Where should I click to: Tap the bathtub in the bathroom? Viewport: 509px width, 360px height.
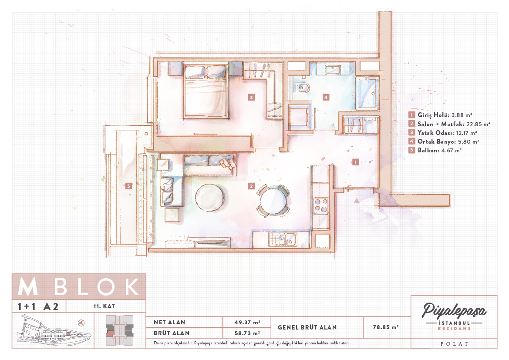[367, 93]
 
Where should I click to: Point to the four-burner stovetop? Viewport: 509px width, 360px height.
[321, 205]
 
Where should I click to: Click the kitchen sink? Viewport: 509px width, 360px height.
[282, 239]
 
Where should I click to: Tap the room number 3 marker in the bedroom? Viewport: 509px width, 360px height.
[251, 97]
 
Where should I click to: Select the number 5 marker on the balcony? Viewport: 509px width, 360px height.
[129, 186]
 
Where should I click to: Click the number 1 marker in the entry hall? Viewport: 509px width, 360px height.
[355, 162]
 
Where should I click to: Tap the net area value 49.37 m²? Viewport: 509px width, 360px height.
[247, 322]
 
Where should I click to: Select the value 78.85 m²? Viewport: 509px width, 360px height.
[386, 327]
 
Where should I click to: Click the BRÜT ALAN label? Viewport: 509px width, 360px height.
[172, 333]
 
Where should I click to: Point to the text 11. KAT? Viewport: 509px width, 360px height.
[104, 306]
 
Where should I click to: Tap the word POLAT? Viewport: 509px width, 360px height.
[454, 344]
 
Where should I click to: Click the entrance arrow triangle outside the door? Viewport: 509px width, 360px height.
[357, 201]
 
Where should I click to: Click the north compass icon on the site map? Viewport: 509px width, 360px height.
[81, 323]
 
